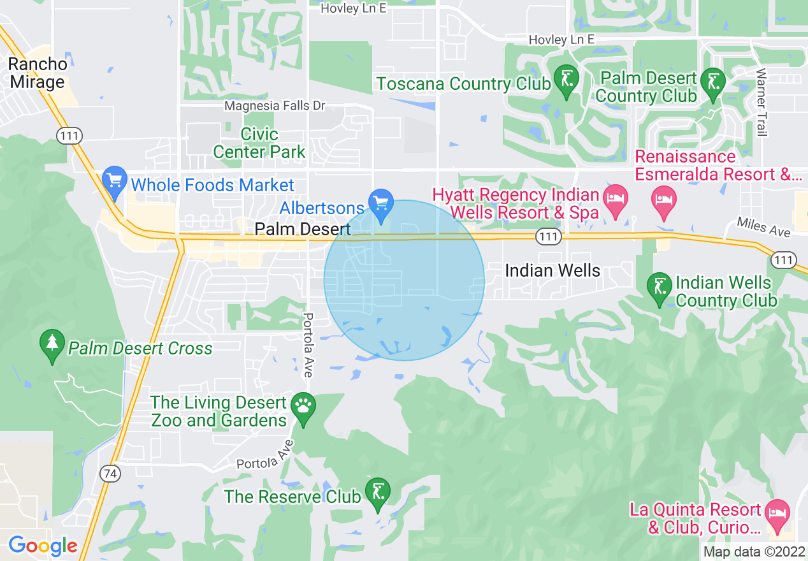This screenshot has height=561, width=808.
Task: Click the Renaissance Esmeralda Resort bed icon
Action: tap(663, 200)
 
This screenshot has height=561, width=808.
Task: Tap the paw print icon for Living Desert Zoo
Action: tap(302, 407)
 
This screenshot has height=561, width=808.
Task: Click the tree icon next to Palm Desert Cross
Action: tap(52, 345)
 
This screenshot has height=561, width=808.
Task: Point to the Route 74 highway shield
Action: tap(110, 473)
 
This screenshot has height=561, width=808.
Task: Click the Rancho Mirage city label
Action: tap(37, 73)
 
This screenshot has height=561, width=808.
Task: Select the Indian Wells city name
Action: tap(552, 270)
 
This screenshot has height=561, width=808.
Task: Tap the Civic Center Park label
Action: tap(259, 143)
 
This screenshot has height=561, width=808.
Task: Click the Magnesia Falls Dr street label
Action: tap(275, 106)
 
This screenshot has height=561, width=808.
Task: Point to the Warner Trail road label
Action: tap(760, 102)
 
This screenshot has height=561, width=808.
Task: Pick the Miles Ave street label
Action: tap(763, 226)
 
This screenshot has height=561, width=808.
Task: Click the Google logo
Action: tap(43, 545)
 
